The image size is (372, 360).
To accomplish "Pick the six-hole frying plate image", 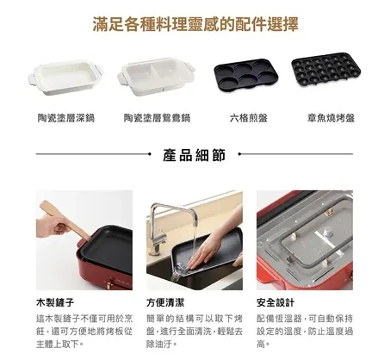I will click(x=240, y=78).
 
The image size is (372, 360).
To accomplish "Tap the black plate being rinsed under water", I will click(x=202, y=258).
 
